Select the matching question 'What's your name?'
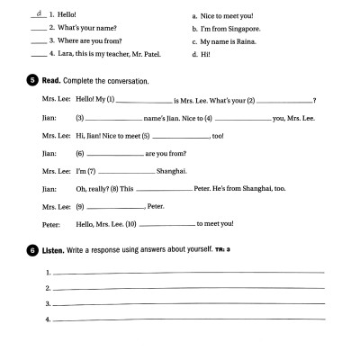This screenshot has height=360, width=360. point(85,28)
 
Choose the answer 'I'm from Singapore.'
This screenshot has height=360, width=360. point(225,28)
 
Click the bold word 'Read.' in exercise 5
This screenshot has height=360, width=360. point(52,81)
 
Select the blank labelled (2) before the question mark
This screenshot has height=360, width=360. point(285,101)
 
